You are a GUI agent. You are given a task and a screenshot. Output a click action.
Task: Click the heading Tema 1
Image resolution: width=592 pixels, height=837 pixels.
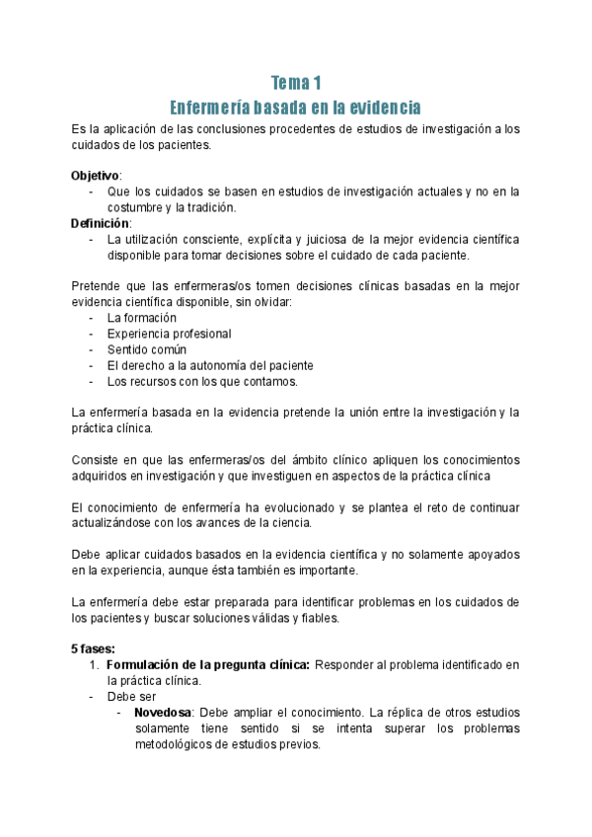tap(296, 83)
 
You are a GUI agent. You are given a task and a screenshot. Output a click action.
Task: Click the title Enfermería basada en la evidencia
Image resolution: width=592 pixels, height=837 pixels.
tap(296, 106)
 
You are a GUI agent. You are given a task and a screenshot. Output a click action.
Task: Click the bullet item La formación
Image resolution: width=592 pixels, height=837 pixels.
tap(142, 318)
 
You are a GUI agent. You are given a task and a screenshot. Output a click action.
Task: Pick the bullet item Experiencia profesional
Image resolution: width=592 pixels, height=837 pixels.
tap(169, 334)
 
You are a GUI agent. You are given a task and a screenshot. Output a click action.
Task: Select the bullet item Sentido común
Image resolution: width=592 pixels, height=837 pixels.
tap(147, 349)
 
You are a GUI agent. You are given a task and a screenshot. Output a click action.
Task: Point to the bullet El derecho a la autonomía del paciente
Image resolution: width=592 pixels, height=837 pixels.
tap(210, 365)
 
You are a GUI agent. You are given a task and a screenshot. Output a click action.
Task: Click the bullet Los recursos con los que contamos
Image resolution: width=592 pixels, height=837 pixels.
tap(202, 381)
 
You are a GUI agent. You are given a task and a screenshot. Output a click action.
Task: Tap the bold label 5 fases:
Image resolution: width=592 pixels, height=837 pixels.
tap(93, 648)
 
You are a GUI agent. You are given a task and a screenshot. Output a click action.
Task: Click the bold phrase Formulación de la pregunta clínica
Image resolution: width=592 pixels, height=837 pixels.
tap(208, 664)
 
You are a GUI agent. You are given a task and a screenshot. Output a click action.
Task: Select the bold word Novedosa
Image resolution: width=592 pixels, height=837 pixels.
tap(164, 712)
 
